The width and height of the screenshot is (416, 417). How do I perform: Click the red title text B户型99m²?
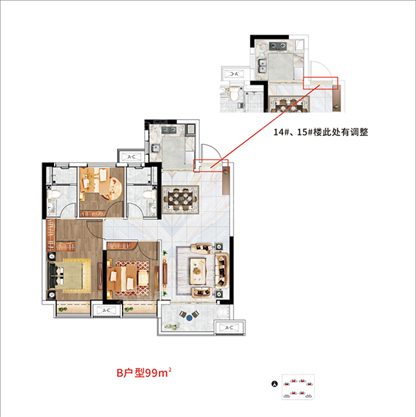(x=144, y=373)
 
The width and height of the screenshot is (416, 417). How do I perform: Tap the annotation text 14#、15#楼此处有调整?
(x=321, y=132)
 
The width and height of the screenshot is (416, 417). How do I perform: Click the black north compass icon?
(x=275, y=384)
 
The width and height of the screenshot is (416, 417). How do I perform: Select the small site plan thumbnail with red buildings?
(x=298, y=386)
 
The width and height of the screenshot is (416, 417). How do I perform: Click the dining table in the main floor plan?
(x=181, y=199)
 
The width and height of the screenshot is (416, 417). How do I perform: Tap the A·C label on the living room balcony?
(x=229, y=327)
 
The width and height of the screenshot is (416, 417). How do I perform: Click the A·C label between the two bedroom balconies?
(x=106, y=310)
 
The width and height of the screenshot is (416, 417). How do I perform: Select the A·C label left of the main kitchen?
(x=131, y=157)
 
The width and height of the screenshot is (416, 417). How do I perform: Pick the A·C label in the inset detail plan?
(x=234, y=74)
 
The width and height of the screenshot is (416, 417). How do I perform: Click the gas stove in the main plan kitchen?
(x=169, y=130)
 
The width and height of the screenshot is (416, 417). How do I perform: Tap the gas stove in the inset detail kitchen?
(x=277, y=46)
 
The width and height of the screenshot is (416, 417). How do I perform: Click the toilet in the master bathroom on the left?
(x=53, y=194)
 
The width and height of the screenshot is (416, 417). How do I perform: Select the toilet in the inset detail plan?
(x=234, y=94)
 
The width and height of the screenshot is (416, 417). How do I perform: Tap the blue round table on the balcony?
(x=189, y=318)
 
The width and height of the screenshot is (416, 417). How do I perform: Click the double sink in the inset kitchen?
(x=262, y=66)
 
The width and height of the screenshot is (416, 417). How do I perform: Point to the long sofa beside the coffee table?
(x=222, y=271)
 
